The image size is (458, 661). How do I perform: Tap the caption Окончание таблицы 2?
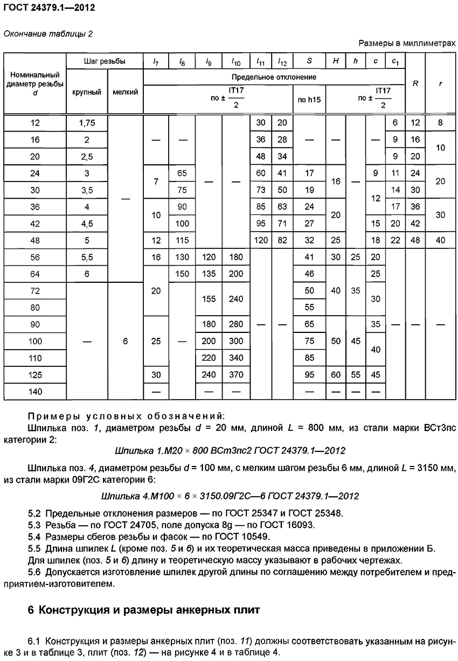[48, 34]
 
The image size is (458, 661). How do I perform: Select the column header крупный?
[87, 92]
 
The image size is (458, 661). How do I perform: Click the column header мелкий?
[125, 92]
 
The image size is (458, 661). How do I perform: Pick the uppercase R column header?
[415, 84]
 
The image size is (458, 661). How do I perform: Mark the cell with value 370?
[236, 375]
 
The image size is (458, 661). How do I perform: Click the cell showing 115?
[182, 240]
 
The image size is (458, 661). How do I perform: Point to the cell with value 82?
[282, 240]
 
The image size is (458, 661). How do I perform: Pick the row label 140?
[35, 392]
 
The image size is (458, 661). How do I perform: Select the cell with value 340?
[236, 358]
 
